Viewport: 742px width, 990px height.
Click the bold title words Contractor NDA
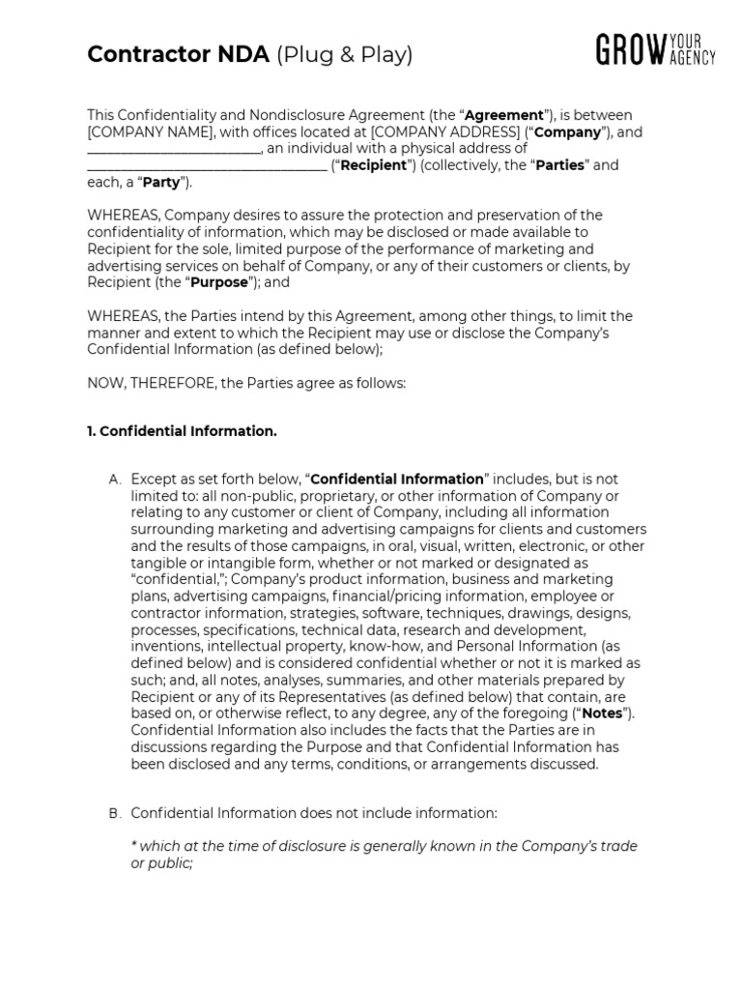tap(178, 55)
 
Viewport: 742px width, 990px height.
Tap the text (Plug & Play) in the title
tap(344, 55)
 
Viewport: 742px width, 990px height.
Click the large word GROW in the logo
tap(634, 49)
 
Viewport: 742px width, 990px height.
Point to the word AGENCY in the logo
tap(695, 58)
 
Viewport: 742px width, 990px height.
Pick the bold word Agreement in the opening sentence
tap(504, 116)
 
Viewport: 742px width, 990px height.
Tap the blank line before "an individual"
tap(174, 149)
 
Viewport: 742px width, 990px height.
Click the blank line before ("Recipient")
tap(207, 165)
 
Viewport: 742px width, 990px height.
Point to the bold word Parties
tap(560, 165)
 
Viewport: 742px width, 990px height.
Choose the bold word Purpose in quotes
tap(218, 282)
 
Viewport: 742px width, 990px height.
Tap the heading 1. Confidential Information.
tap(182, 431)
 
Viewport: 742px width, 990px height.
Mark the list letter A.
tap(115, 480)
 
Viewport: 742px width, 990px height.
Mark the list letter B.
tap(115, 814)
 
